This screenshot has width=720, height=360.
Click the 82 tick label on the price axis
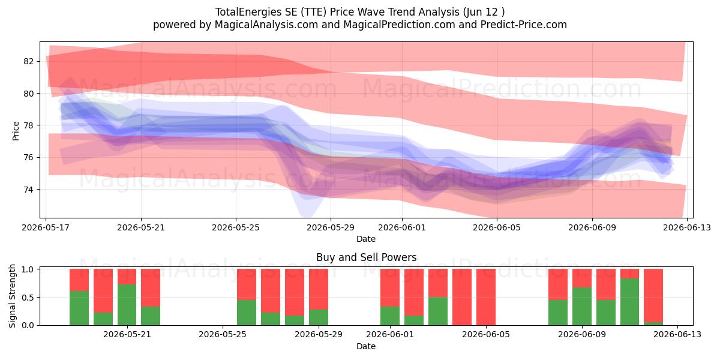pos(28,61)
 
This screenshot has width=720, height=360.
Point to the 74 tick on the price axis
pos(28,190)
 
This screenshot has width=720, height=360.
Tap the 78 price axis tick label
pos(28,125)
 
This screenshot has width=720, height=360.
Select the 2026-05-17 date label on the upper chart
pos(46,227)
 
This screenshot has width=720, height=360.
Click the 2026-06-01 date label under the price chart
pos(402,227)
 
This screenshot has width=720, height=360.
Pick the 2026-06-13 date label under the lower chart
pos(677,334)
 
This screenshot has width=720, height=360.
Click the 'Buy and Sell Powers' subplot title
pos(367,257)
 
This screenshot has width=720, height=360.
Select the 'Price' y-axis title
pos(16,131)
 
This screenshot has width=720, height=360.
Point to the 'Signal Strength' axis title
pos(12,296)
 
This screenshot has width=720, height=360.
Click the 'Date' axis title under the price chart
pos(366,239)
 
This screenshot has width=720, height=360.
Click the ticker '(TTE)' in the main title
pos(314,12)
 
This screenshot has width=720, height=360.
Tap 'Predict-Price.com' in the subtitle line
pos(524,25)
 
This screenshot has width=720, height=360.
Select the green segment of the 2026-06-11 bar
pos(629,302)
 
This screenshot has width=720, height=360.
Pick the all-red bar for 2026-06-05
pos(486,297)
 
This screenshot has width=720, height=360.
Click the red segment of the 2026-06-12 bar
pos(653,295)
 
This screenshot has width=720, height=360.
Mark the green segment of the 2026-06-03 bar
pos(438,311)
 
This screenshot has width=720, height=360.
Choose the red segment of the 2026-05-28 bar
pos(295,292)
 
